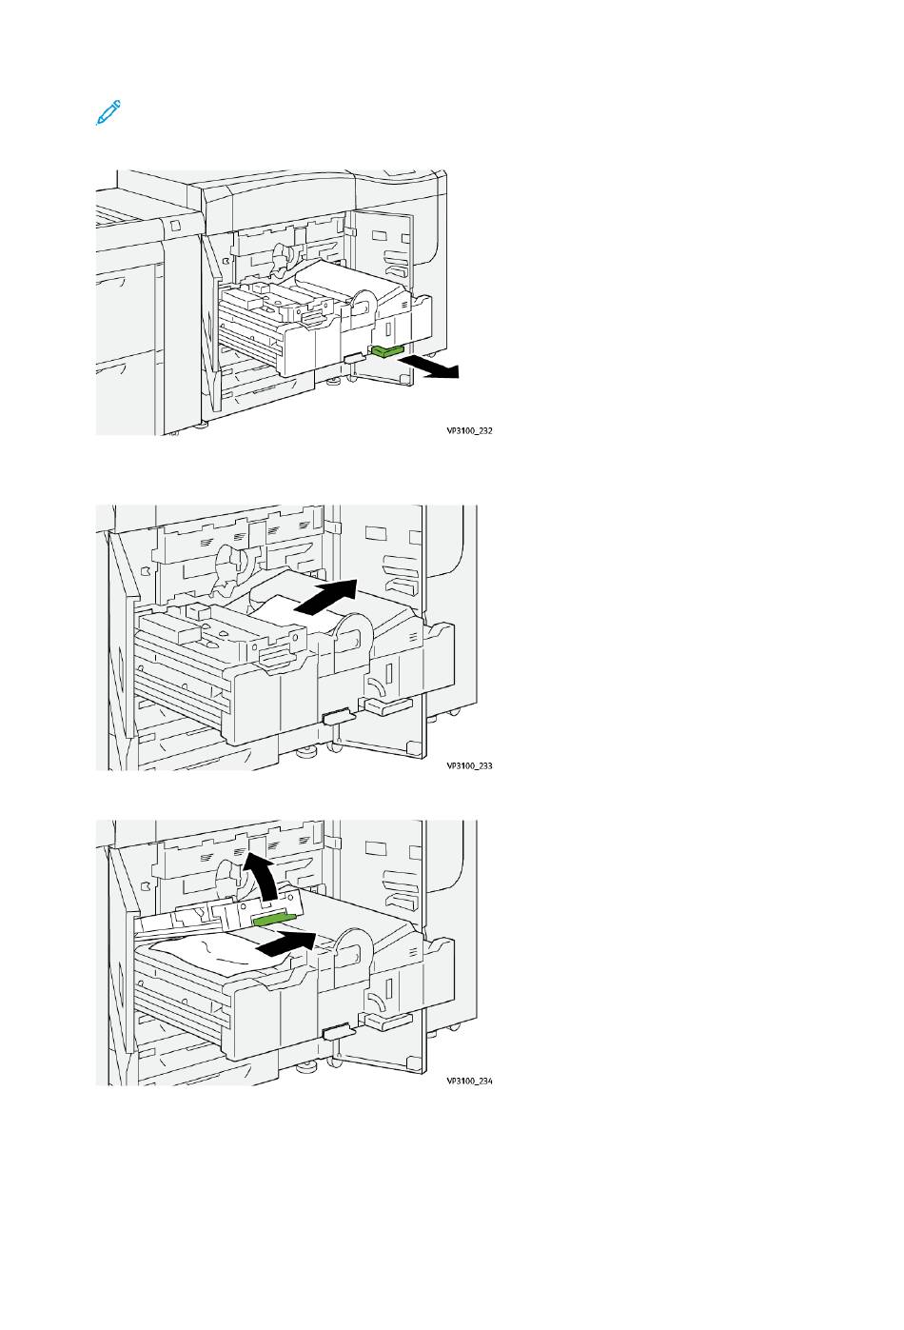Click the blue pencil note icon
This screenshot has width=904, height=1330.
tap(108, 113)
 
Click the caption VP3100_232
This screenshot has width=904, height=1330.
tap(469, 430)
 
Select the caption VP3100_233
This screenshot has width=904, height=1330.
tap(469, 765)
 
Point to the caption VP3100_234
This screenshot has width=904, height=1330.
tap(469, 1082)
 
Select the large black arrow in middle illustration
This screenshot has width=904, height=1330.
tap(326, 599)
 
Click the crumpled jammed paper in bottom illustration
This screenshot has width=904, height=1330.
tap(205, 952)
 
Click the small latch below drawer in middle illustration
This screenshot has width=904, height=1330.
tap(338, 717)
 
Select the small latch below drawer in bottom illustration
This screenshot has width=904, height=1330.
tap(338, 1032)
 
